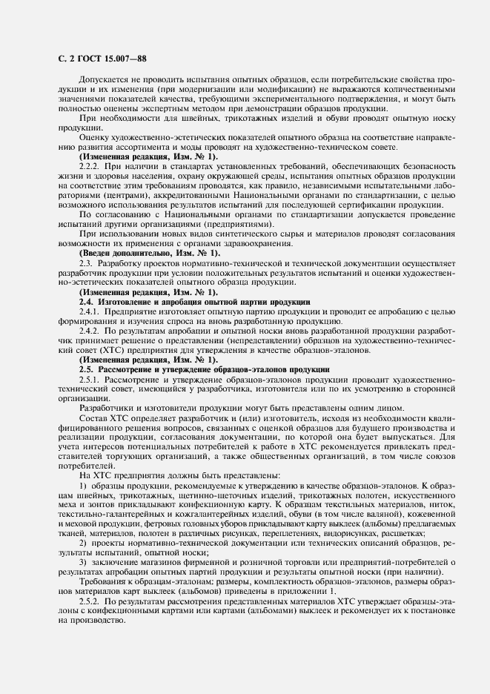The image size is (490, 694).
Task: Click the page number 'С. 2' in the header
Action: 67,58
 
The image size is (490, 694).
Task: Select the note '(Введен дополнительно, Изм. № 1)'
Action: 139,253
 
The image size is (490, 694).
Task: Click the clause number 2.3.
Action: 86,263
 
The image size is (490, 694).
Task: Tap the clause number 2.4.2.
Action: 89,330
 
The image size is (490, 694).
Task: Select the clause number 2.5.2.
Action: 89,601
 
